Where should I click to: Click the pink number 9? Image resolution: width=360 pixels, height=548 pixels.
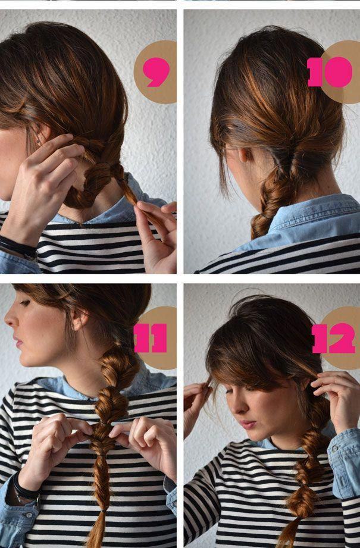[x=156, y=71]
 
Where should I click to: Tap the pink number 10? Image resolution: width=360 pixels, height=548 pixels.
[x=330, y=72]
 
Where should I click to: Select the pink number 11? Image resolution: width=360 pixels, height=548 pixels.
[x=151, y=338]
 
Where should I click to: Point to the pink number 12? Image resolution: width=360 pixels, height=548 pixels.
[x=333, y=339]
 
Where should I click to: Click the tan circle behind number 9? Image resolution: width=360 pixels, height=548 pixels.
[x=155, y=72]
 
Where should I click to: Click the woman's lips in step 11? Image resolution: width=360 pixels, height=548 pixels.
[x=17, y=342]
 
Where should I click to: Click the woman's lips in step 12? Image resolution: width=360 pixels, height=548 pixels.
[x=248, y=424]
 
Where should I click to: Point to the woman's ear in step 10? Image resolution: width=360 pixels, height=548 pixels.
[x=243, y=154]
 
